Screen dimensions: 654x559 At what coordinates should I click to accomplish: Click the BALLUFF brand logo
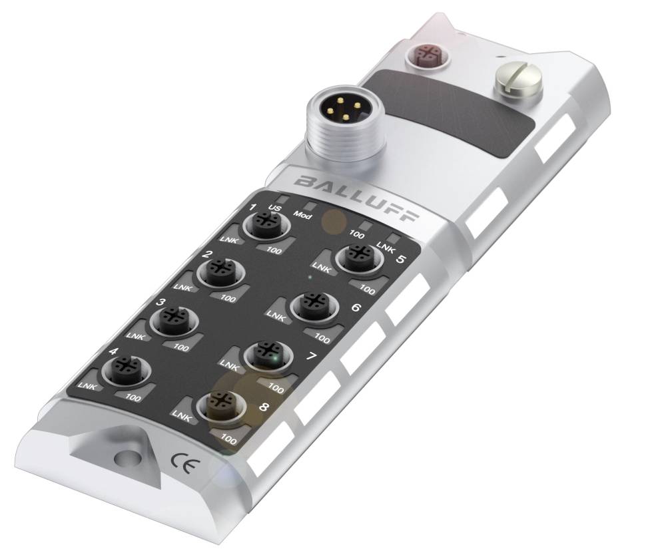coord(356,198)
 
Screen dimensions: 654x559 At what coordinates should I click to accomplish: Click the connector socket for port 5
coord(359,258)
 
